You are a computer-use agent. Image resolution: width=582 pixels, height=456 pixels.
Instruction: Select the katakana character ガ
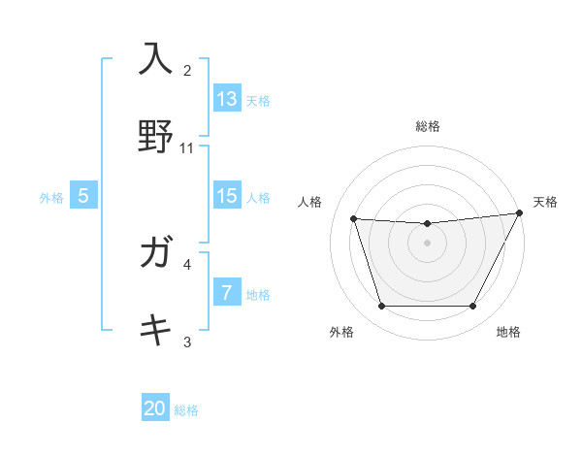pyautogui.click(x=155, y=253)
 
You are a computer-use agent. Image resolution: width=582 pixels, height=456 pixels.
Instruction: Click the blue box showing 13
pyautogui.click(x=226, y=99)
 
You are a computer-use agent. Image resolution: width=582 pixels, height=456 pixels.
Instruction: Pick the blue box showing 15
pyautogui.click(x=226, y=196)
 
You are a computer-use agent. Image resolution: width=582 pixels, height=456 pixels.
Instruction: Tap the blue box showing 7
pyautogui.click(x=226, y=293)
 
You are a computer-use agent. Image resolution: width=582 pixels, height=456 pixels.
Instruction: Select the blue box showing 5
pyautogui.click(x=83, y=196)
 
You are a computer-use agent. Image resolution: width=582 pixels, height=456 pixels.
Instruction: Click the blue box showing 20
pyautogui.click(x=155, y=408)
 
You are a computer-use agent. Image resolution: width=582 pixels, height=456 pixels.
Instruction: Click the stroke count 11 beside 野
pyautogui.click(x=187, y=148)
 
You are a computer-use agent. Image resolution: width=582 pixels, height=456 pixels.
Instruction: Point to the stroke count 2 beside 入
pyautogui.click(x=187, y=70)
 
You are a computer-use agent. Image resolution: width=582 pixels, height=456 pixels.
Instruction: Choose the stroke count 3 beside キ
pyautogui.click(x=187, y=342)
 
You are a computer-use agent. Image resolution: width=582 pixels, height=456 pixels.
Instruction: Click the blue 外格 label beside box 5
pyautogui.click(x=51, y=197)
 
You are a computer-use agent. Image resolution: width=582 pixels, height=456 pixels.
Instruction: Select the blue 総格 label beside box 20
pyautogui.click(x=186, y=410)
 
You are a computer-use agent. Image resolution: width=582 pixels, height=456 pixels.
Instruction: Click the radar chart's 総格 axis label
pyautogui.click(x=427, y=126)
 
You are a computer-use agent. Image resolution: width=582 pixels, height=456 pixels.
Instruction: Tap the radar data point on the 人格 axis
pyautogui.click(x=354, y=219)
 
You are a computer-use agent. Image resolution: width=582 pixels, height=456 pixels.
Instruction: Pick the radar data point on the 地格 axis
pyautogui.click(x=472, y=307)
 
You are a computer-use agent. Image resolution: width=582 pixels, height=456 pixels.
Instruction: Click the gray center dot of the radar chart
pyautogui.click(x=427, y=244)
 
